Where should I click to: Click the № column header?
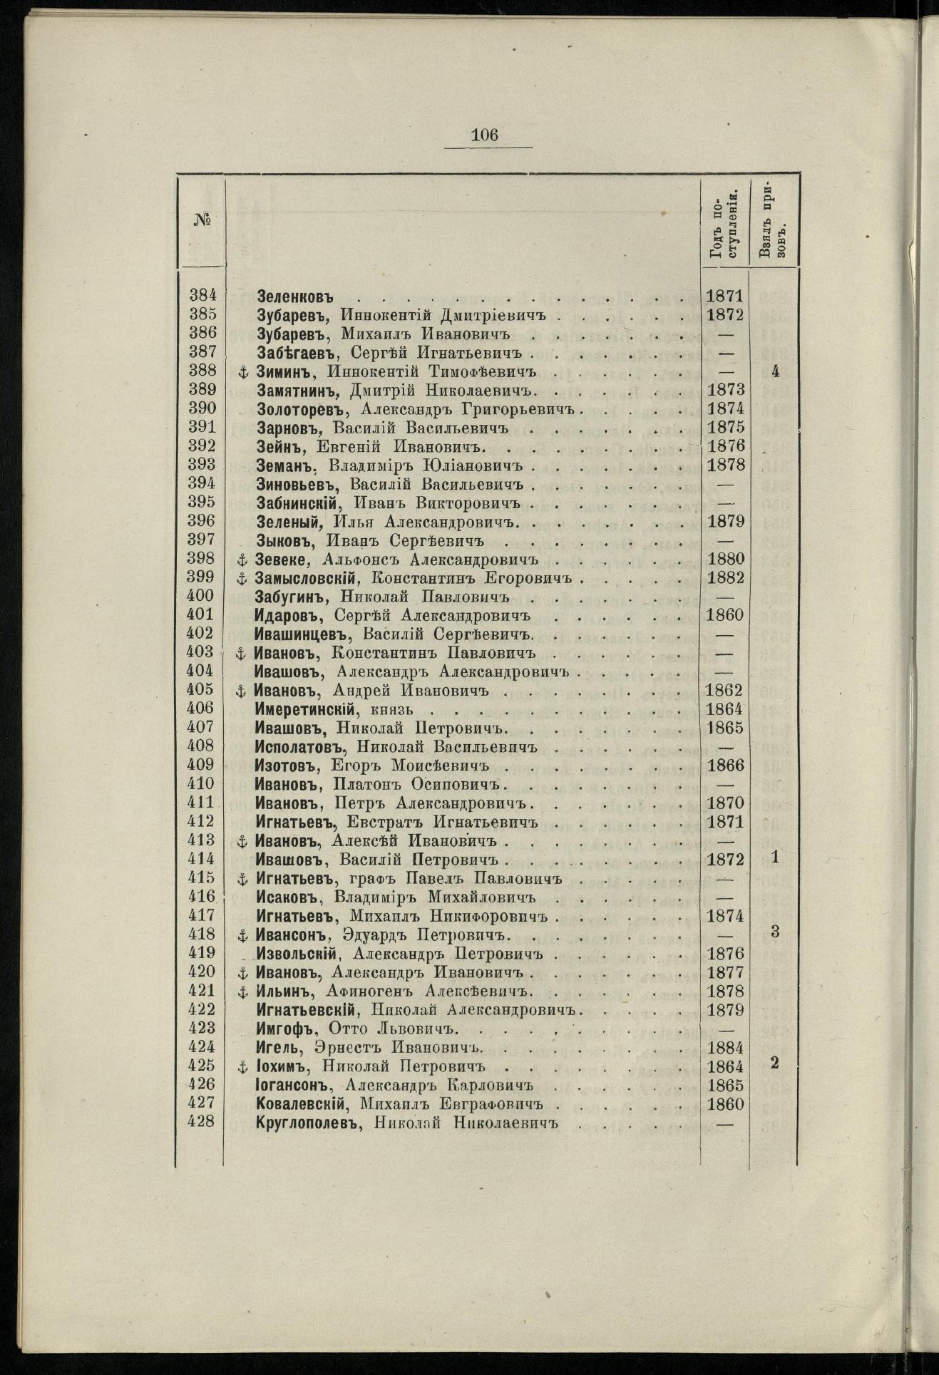point(200,220)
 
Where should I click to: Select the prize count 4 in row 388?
point(774,371)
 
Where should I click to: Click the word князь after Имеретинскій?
point(393,709)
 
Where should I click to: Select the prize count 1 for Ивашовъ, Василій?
point(774,858)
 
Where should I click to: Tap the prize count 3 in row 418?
point(774,932)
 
